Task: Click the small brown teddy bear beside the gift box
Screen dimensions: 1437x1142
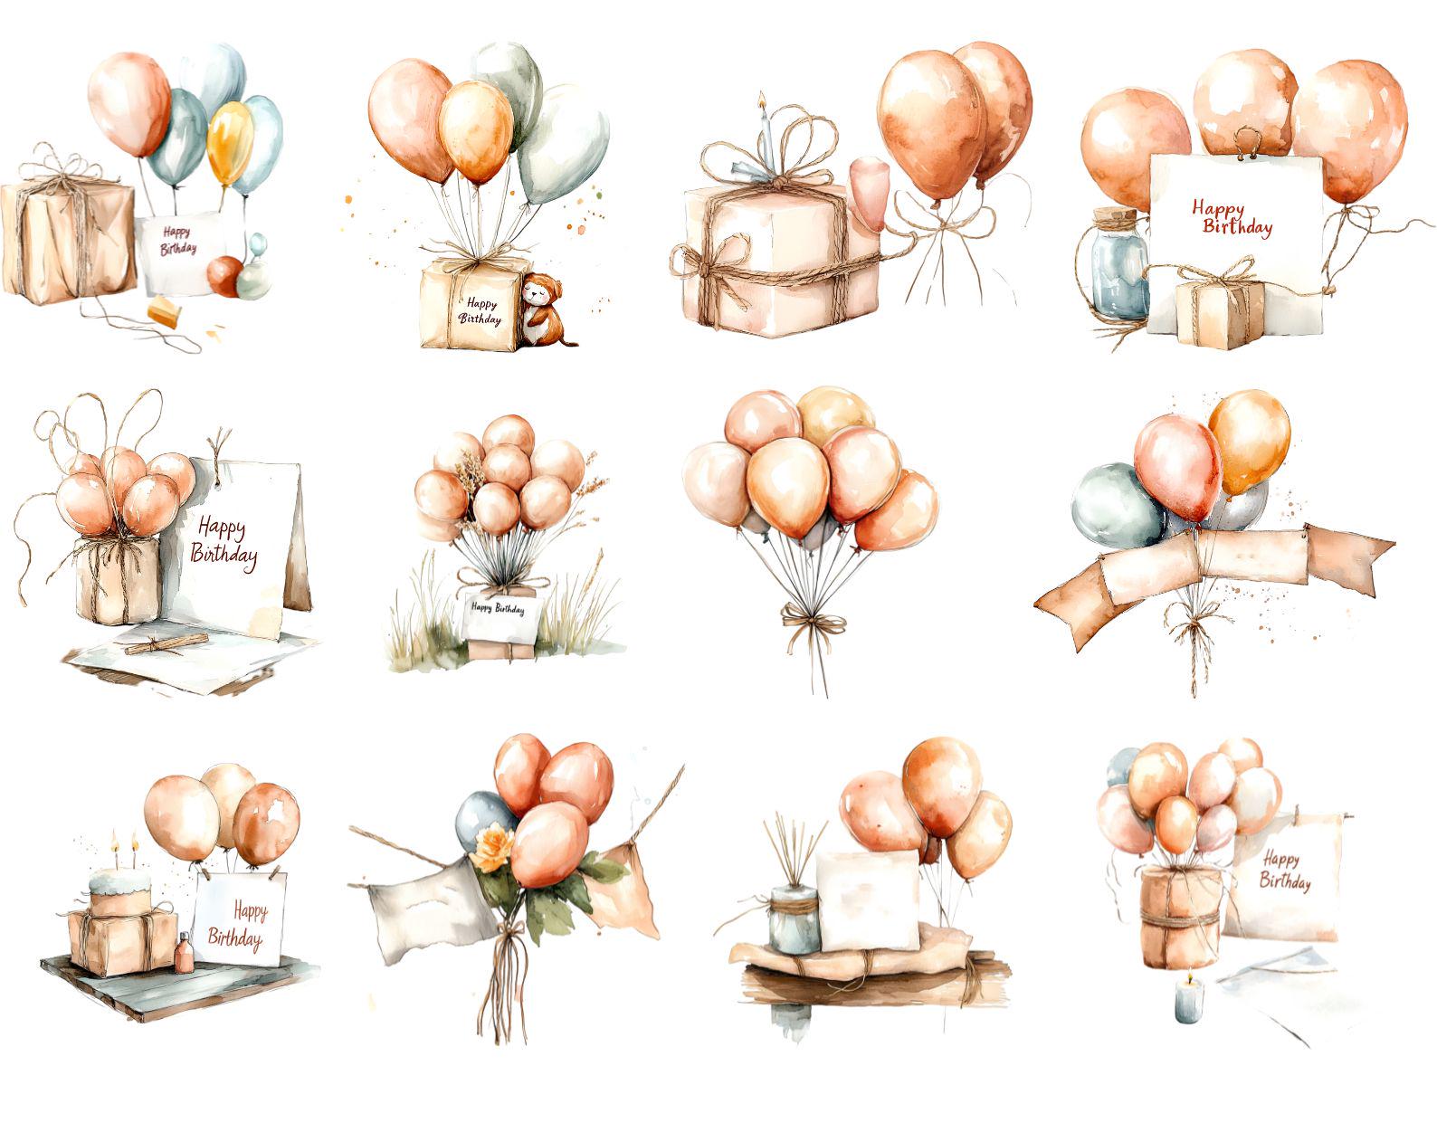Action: (x=542, y=309)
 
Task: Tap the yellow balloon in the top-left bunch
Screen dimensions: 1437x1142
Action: (x=230, y=143)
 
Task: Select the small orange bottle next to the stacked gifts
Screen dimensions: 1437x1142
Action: (x=185, y=953)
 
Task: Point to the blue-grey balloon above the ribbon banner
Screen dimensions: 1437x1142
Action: (x=1117, y=506)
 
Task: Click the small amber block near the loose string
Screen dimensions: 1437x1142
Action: (x=165, y=311)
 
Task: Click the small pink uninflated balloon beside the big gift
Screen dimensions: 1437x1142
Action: (x=868, y=193)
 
